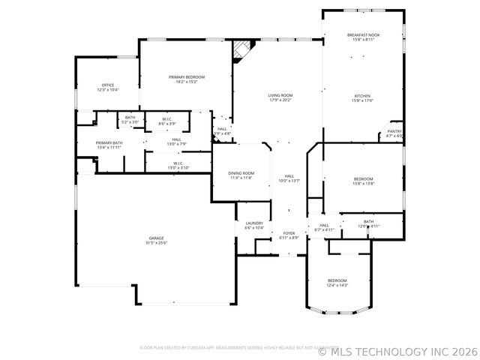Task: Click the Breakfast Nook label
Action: [x=363, y=35]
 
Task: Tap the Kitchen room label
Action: [x=363, y=95]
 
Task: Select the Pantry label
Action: [x=394, y=131]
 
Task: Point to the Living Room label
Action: [x=280, y=95]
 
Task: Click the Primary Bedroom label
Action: [x=186, y=77]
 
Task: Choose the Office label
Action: [x=108, y=85]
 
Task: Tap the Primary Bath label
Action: [x=109, y=142]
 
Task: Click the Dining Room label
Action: [x=241, y=173]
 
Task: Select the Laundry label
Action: [x=253, y=223]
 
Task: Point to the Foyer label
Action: [x=289, y=233]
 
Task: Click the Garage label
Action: [x=156, y=238]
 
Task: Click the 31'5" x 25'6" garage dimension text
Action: [x=156, y=243]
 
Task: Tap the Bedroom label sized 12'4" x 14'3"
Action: [x=337, y=280]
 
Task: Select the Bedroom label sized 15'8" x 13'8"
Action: [x=363, y=178]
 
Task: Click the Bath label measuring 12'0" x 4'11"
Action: [x=368, y=221]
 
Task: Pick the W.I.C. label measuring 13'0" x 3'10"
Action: [x=178, y=163]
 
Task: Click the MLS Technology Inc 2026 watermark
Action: [x=397, y=350]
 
